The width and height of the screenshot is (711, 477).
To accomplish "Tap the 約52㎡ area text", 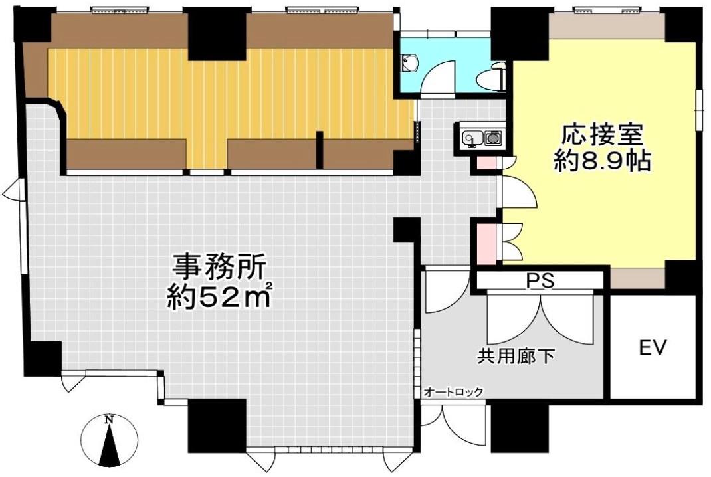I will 220,297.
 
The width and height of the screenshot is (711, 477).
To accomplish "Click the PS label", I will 540,280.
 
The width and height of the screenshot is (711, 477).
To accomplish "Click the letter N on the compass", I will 109,420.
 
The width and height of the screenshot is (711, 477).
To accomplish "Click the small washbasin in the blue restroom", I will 410,64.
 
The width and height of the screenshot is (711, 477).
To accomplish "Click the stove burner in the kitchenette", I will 492,138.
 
